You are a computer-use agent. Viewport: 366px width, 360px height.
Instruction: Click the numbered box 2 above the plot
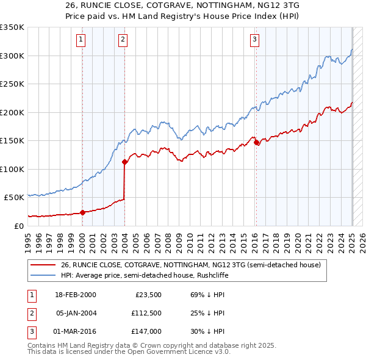123,40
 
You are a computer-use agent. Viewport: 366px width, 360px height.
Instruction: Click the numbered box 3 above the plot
254,40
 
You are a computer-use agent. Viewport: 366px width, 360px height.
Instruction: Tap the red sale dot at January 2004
124,162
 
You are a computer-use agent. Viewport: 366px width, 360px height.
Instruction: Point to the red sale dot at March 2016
257,143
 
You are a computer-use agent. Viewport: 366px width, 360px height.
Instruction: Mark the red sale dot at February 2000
82,212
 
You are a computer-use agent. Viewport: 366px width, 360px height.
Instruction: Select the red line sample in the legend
43,265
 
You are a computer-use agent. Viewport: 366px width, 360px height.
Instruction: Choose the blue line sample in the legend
43,275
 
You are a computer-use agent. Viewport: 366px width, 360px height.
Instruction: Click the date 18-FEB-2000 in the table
76,295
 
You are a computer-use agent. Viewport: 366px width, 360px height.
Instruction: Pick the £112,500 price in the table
146,313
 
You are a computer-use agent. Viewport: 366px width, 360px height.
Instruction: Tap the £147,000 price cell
146,331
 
